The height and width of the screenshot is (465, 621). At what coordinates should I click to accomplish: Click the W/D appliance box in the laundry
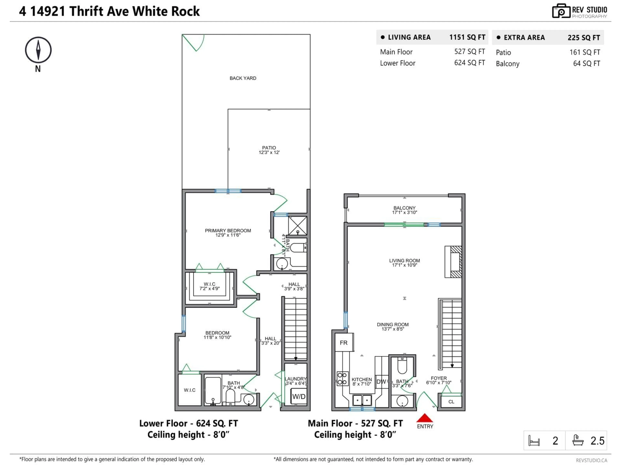299,396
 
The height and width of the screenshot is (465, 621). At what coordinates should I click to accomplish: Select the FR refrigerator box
344,342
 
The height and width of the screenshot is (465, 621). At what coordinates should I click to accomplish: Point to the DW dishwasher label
381,382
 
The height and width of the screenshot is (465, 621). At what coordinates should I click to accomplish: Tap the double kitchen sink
362,400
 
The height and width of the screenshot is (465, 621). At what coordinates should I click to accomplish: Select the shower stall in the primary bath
298,226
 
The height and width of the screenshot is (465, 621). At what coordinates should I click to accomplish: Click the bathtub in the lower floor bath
213,390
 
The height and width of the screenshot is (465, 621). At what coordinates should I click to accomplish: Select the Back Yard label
243,78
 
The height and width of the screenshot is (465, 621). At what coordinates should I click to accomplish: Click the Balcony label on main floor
404,210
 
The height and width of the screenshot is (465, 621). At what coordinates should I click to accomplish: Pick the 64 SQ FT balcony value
586,64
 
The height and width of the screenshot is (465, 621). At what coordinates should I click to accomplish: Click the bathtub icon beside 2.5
578,440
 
